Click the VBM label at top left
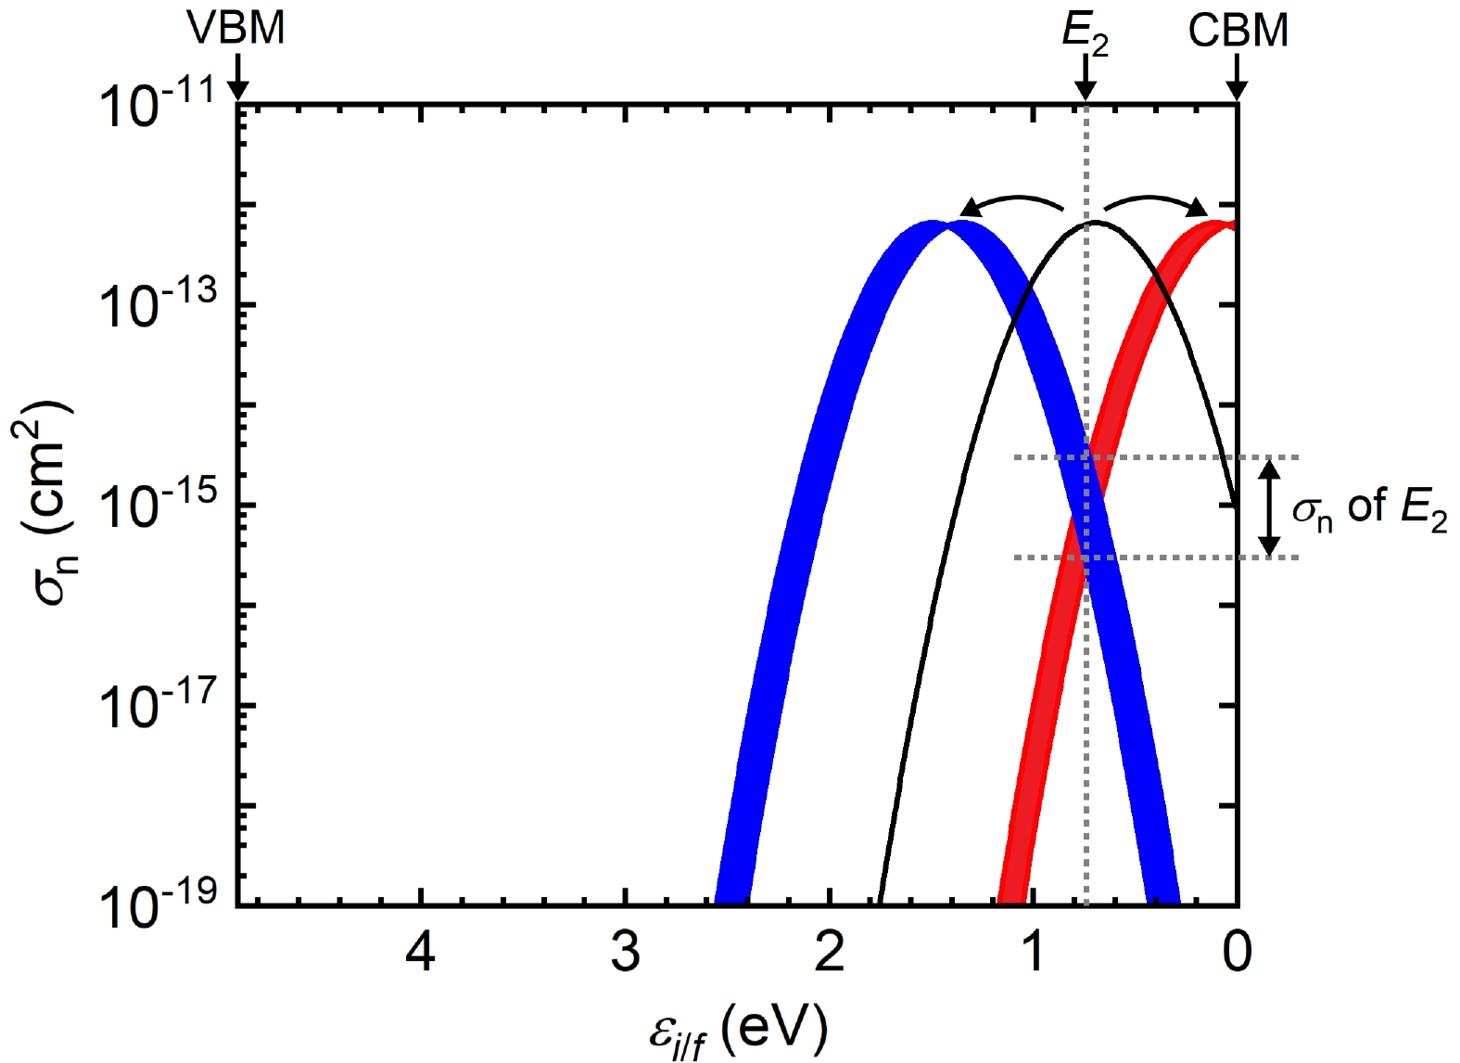point(236,28)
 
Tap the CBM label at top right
point(1238,31)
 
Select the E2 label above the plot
point(1085,33)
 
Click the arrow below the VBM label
point(237,77)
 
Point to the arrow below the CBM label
point(1237,77)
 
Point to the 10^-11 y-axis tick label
point(158,104)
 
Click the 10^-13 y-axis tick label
point(158,305)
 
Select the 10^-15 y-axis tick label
point(158,506)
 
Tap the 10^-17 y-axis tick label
point(158,706)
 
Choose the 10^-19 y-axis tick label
point(158,905)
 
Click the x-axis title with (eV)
point(738,1031)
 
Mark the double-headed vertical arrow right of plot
point(1270,507)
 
